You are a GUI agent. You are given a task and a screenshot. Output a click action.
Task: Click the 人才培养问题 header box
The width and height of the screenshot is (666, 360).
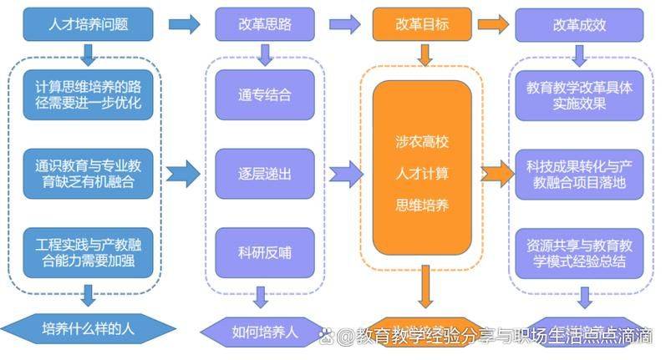coord(89,24)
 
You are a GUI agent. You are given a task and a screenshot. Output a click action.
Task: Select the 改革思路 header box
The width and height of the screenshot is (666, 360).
coord(265,24)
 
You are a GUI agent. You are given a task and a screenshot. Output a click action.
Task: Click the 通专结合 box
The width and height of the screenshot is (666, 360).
coord(265,94)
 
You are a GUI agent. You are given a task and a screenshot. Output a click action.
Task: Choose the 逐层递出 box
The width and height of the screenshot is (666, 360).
coord(265,174)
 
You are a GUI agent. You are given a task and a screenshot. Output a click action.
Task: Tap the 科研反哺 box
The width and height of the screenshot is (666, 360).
coord(265,253)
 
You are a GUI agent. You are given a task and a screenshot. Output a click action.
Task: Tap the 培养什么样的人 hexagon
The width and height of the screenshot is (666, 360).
coord(88,328)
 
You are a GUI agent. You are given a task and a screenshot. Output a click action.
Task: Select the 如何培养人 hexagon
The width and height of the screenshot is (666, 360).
coord(265,331)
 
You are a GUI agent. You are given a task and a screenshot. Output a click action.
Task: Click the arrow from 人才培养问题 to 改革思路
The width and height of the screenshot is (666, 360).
coord(184,24)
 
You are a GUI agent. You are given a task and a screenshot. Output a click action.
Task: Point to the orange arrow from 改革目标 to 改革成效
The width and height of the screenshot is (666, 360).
coord(494,24)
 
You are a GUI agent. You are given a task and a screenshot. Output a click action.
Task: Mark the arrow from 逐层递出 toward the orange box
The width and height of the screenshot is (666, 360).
coord(345,174)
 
